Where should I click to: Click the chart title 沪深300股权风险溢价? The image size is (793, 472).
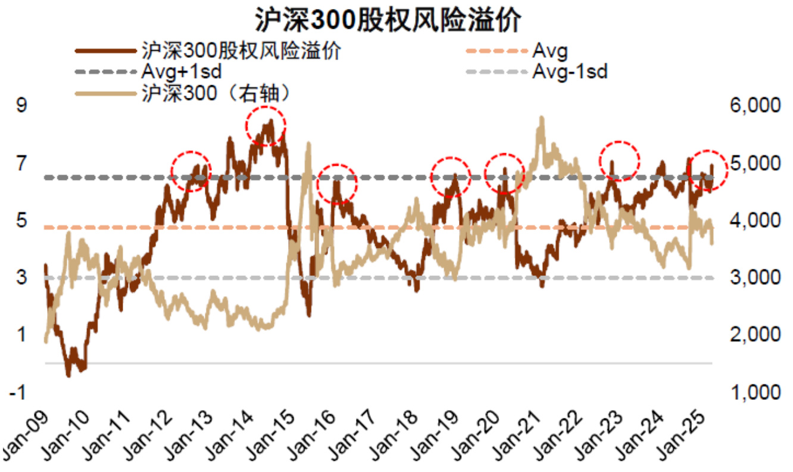[x=388, y=19]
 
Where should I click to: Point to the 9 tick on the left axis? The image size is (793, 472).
[x=22, y=105]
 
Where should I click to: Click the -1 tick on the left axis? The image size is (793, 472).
[x=19, y=392]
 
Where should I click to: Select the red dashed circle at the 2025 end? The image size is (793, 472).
[x=708, y=169]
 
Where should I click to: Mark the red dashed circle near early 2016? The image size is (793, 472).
[x=336, y=183]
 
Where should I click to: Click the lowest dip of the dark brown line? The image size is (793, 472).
[x=68, y=375]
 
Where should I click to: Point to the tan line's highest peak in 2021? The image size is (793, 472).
[x=541, y=118]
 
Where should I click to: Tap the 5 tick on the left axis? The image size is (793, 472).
[x=22, y=221]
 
